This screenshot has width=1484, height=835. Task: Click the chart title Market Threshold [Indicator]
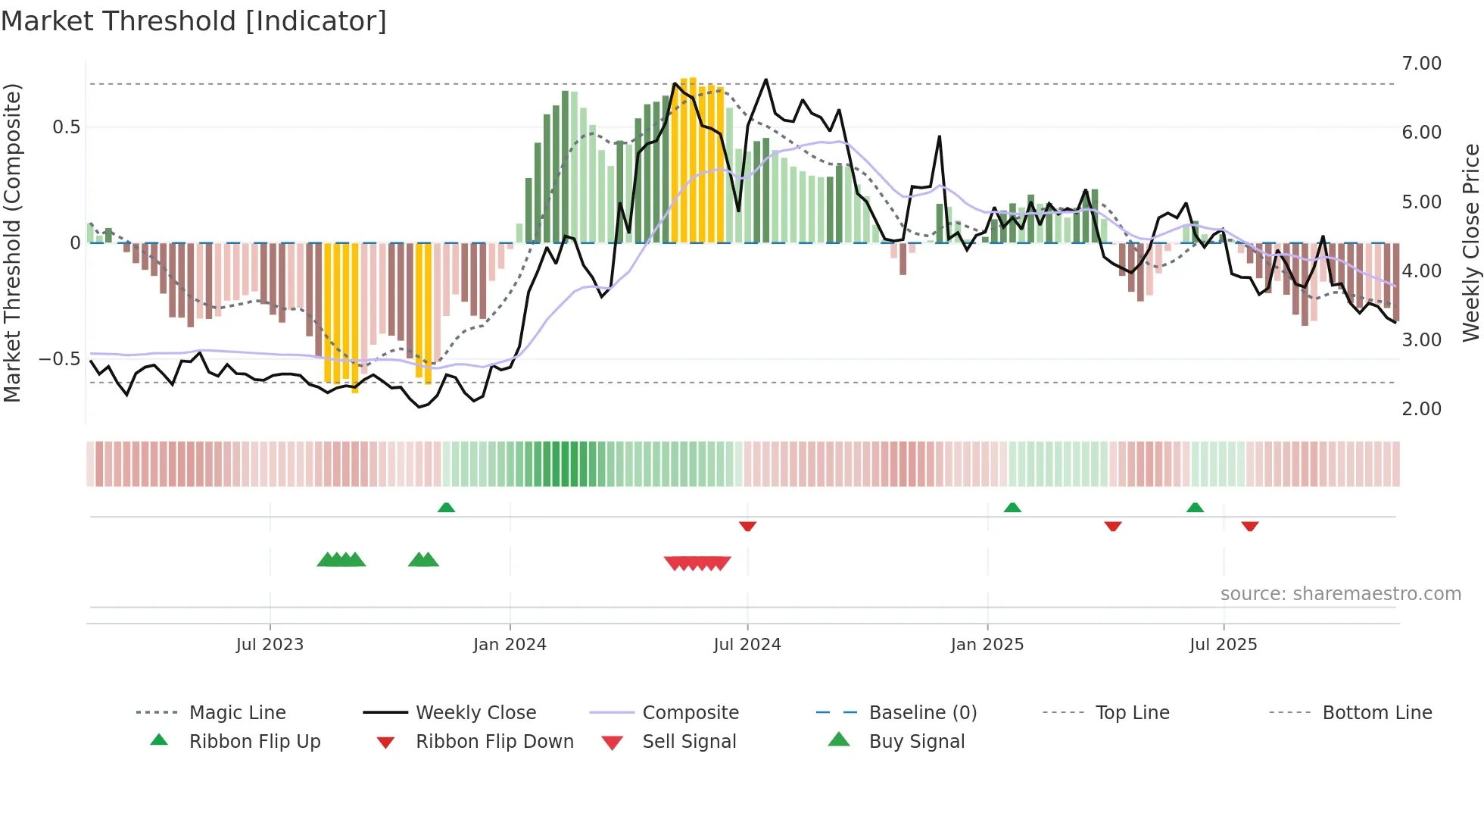click(x=194, y=21)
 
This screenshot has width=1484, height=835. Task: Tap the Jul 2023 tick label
click(x=270, y=645)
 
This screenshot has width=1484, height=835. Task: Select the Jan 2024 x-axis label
click(x=510, y=645)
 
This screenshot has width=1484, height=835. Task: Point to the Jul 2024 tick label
click(x=747, y=645)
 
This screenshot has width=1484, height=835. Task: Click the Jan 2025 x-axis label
click(x=987, y=645)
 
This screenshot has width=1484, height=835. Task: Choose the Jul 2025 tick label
click(x=1224, y=645)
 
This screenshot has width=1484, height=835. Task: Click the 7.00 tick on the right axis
click(x=1421, y=64)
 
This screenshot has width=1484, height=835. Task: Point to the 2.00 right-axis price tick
click(x=1421, y=409)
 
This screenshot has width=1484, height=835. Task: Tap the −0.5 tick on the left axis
click(x=59, y=359)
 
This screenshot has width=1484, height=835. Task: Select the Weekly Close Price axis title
click(x=1470, y=242)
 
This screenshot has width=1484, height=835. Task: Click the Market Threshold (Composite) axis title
click(x=12, y=242)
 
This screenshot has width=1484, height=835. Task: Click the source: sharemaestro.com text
click(x=1340, y=594)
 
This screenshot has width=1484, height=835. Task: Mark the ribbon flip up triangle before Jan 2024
click(x=447, y=508)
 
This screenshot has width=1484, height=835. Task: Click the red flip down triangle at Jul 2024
click(x=747, y=526)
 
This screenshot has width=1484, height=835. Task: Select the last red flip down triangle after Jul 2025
click(x=1250, y=526)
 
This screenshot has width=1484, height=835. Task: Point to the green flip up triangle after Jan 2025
click(x=1012, y=508)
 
